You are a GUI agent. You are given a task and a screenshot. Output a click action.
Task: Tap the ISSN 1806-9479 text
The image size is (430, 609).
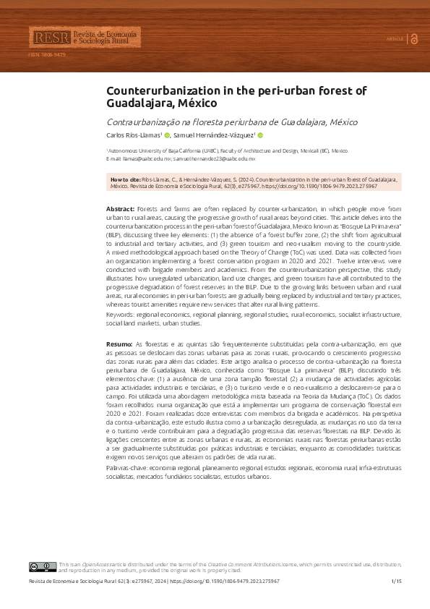coord(47,55)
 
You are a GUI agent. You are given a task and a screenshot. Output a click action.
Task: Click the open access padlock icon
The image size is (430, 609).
coord(414,38)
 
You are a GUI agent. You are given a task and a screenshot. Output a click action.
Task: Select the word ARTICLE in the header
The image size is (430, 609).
coord(395,38)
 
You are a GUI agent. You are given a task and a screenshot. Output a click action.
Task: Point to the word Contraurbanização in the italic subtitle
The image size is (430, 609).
coord(142,122)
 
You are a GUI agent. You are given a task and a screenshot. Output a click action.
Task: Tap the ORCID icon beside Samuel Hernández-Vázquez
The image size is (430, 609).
coord(260,135)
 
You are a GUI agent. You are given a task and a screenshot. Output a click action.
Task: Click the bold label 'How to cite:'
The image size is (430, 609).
coord(124,178)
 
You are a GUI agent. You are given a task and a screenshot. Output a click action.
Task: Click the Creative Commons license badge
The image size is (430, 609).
coord(42,566)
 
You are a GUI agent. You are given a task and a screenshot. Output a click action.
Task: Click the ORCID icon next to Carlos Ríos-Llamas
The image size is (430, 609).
coord(166,135)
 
